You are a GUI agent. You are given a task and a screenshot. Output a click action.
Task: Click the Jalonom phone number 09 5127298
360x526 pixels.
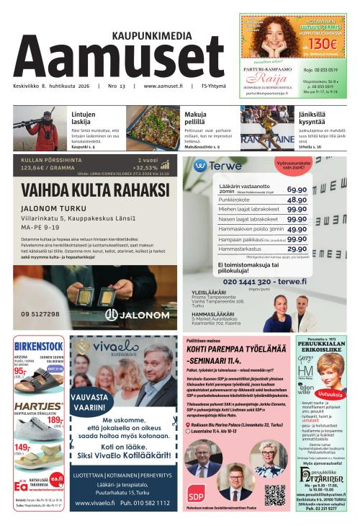tap(41, 314)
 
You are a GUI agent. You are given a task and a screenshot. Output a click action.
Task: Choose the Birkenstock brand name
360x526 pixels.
tap(38, 344)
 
